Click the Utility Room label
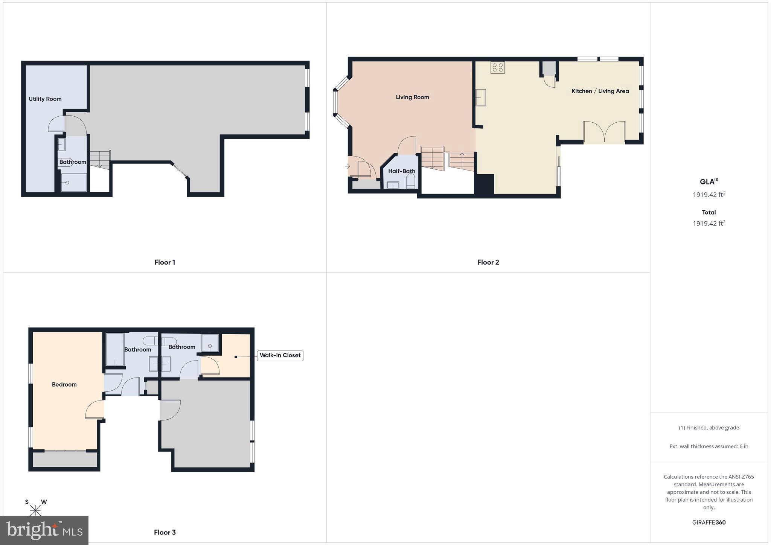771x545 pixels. [x=45, y=99]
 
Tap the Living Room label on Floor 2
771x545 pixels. [x=412, y=97]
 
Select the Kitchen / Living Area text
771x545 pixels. [x=600, y=91]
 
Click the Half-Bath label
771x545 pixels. [x=402, y=171]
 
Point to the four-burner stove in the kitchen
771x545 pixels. [x=497, y=68]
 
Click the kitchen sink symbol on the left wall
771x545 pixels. [x=480, y=98]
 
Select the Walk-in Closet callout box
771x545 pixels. [x=280, y=355]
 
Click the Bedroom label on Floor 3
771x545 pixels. [x=64, y=384]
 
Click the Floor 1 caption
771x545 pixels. [x=165, y=262]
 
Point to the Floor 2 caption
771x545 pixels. [x=488, y=262]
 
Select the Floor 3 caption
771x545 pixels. [x=165, y=532]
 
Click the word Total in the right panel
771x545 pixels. [x=709, y=212]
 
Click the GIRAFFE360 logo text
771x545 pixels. [x=709, y=522]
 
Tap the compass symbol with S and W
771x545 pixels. [x=35, y=510]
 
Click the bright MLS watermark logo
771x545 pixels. [x=44, y=530]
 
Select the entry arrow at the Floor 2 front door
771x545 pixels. [x=347, y=166]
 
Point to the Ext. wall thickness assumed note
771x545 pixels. [x=709, y=446]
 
